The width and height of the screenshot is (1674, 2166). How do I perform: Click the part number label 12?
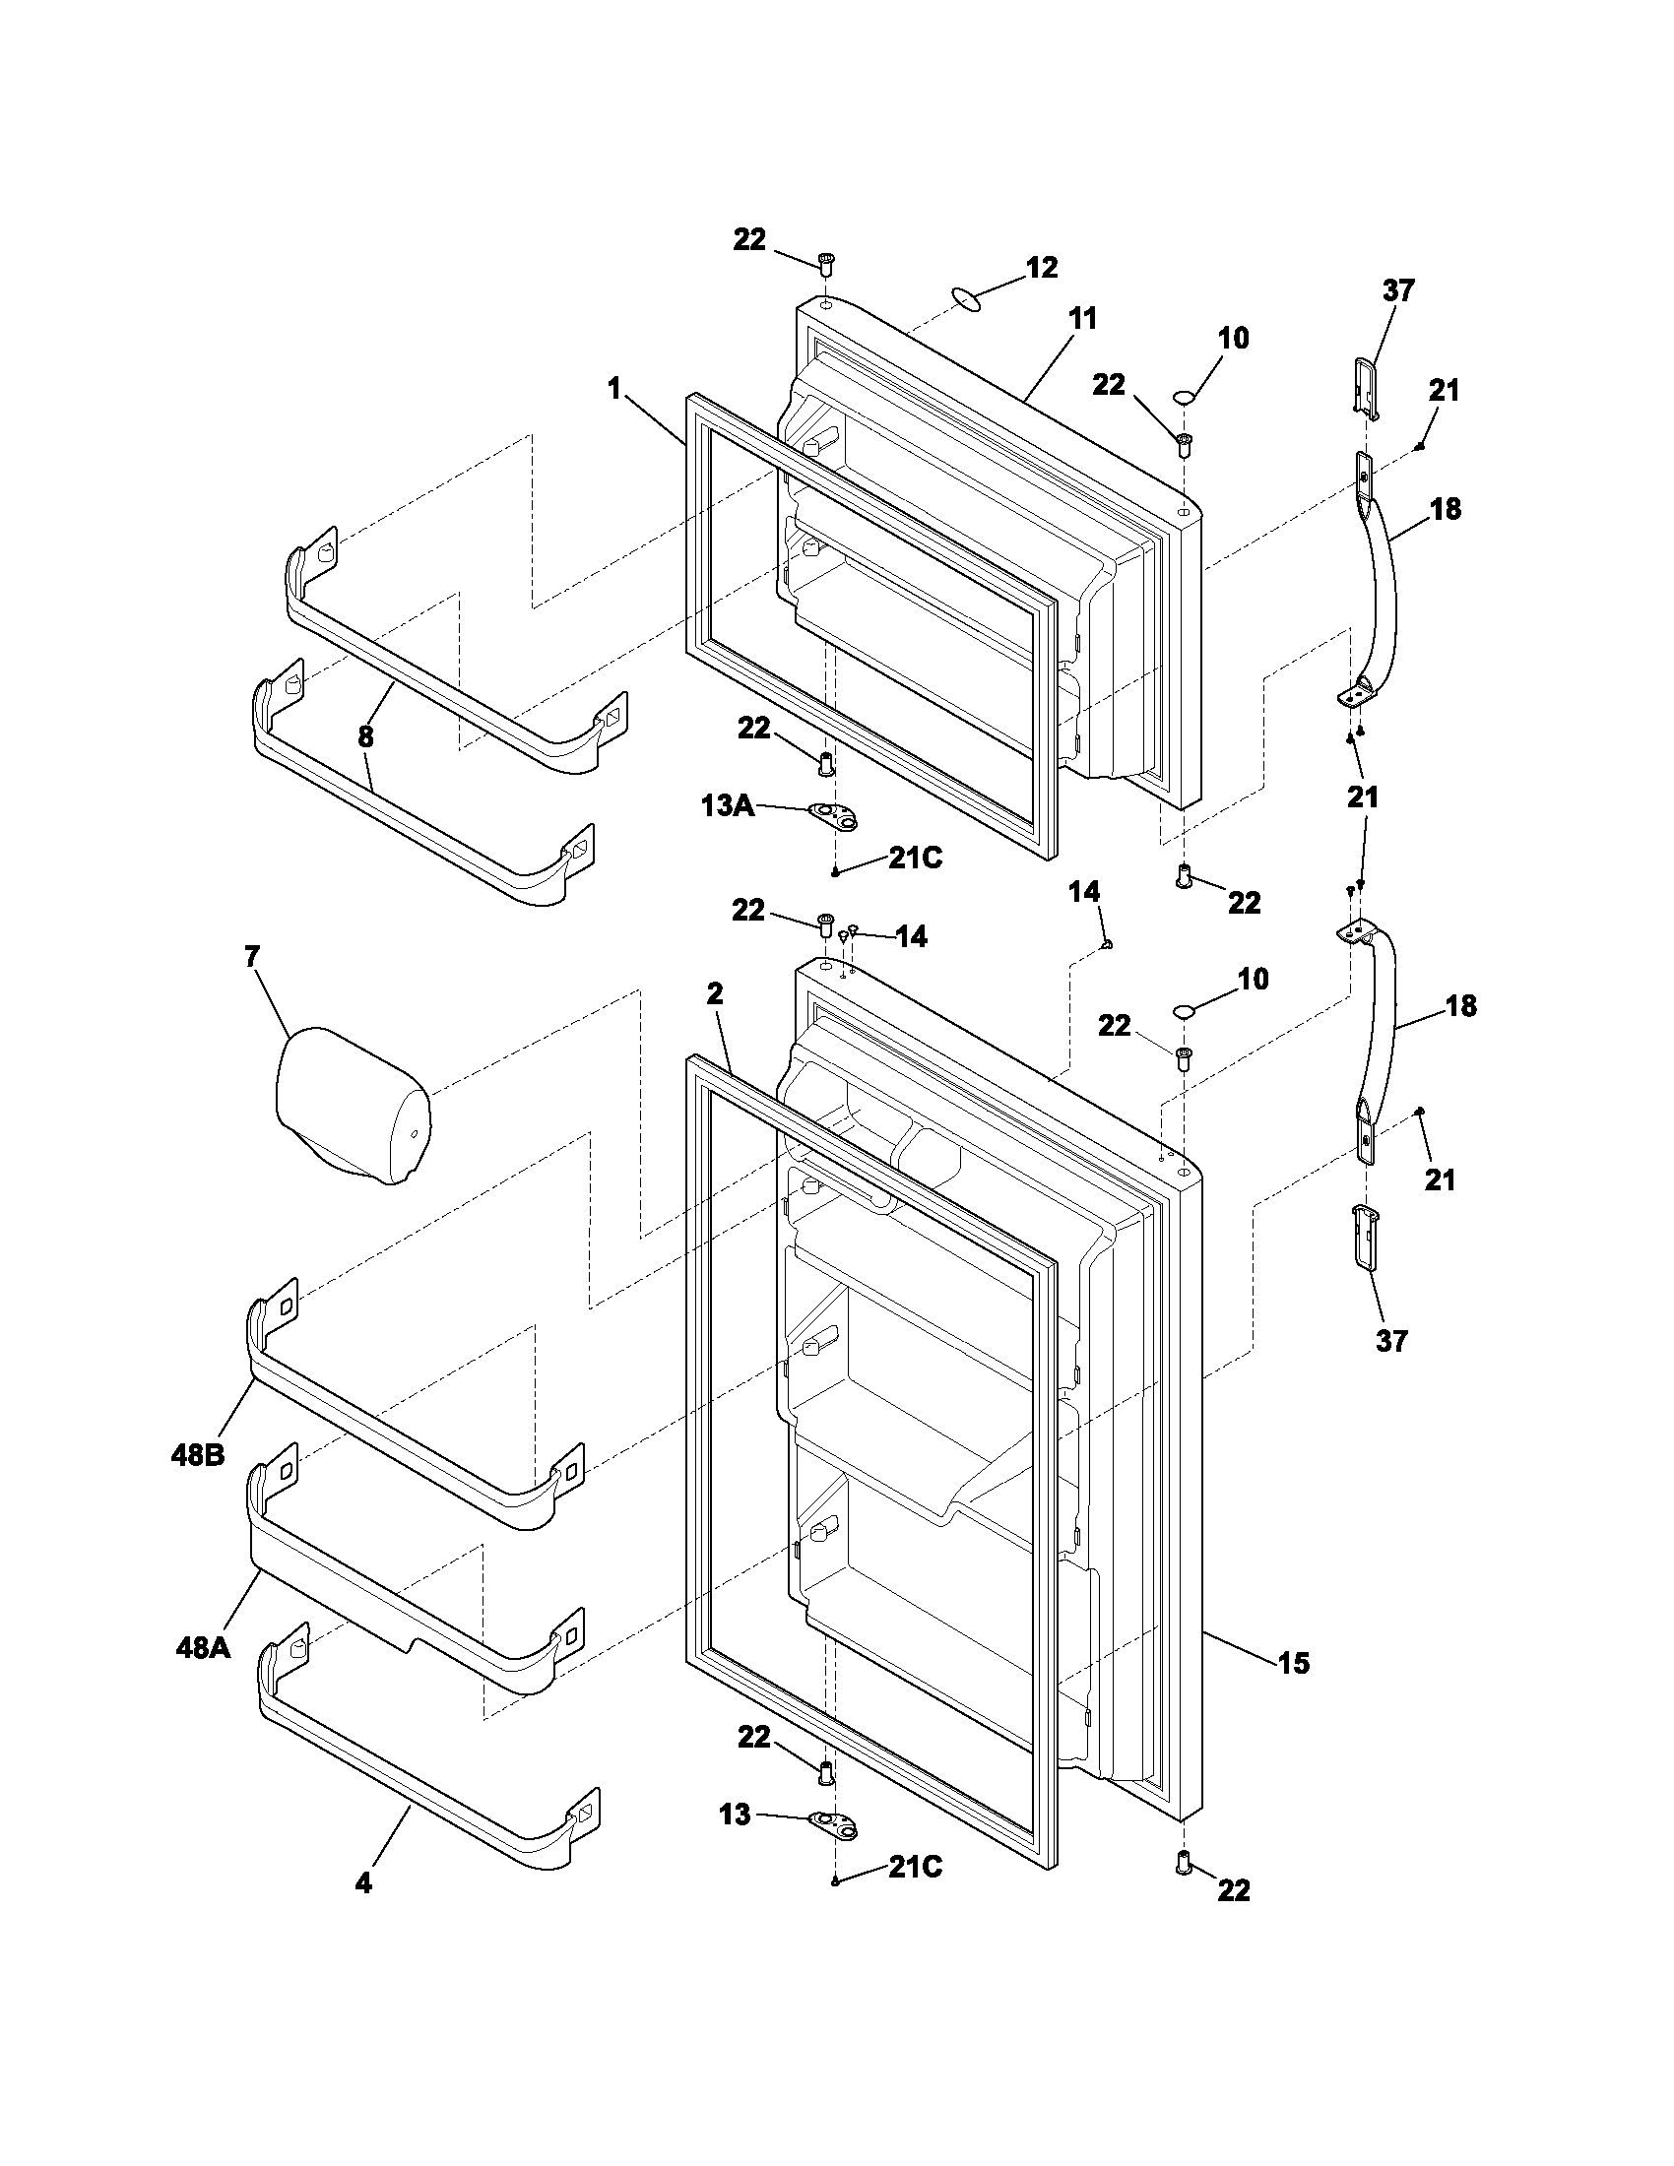coord(1041,268)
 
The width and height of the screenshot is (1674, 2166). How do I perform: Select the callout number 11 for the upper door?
coord(1083,319)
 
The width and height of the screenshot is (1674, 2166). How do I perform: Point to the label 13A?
coord(727,806)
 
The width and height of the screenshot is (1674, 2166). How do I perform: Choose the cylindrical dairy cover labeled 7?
coord(350,1109)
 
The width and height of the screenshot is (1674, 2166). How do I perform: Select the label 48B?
coord(198,1455)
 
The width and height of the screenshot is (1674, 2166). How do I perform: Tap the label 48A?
coord(203,1647)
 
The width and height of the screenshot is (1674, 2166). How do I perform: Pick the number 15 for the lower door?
coord(1293,1663)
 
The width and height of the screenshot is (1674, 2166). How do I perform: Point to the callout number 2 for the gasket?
coord(714,994)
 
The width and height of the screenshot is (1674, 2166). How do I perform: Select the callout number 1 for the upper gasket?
coord(613,390)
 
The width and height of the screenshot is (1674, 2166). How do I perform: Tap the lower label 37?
coord(1391,1341)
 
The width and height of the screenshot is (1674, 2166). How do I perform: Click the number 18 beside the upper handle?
coord(1446,510)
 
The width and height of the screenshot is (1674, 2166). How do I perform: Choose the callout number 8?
coord(365,735)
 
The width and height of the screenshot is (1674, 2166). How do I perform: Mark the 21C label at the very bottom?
coord(915,1868)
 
